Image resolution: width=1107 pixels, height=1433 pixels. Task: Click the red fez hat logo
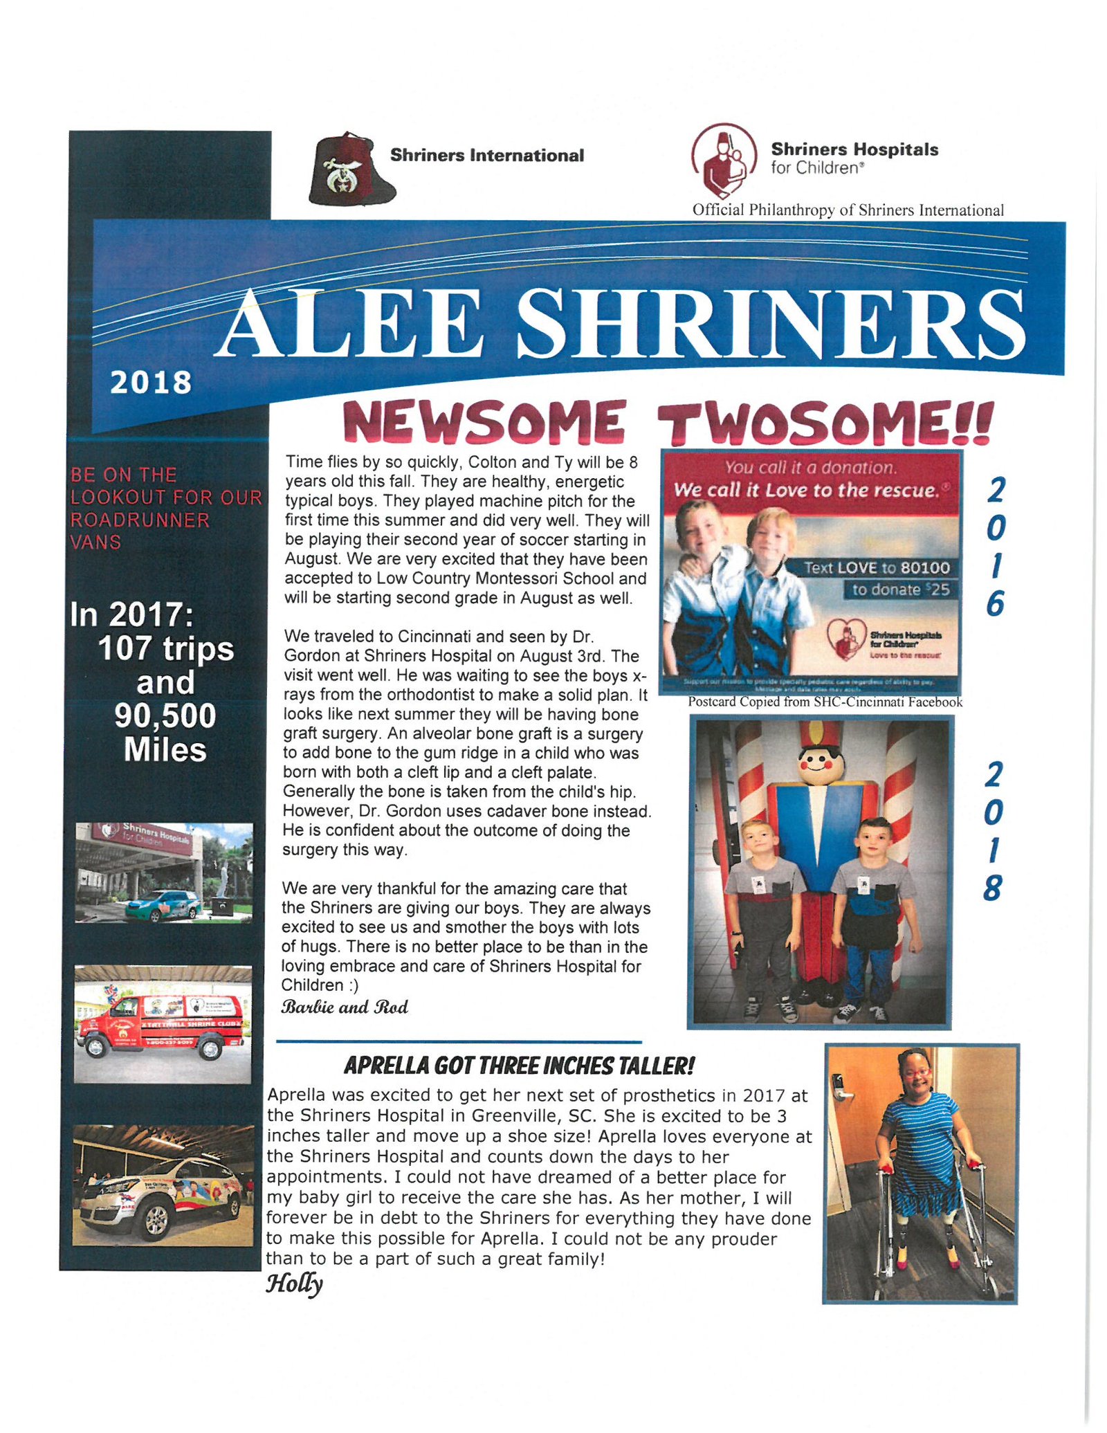(x=351, y=170)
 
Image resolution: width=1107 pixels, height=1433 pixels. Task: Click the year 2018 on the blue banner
(x=151, y=383)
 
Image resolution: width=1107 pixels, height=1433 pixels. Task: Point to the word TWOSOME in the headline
(x=824, y=421)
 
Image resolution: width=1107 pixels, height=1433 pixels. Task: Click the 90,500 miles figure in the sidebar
(x=165, y=716)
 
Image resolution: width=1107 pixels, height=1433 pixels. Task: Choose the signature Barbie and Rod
(x=345, y=1007)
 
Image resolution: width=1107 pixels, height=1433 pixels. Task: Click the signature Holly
(x=294, y=1284)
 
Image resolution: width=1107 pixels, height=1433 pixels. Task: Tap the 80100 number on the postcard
(x=925, y=568)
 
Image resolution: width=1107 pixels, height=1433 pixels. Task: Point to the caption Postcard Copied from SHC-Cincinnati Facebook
(x=825, y=702)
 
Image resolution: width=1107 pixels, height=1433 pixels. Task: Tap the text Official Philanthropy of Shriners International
(x=848, y=210)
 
